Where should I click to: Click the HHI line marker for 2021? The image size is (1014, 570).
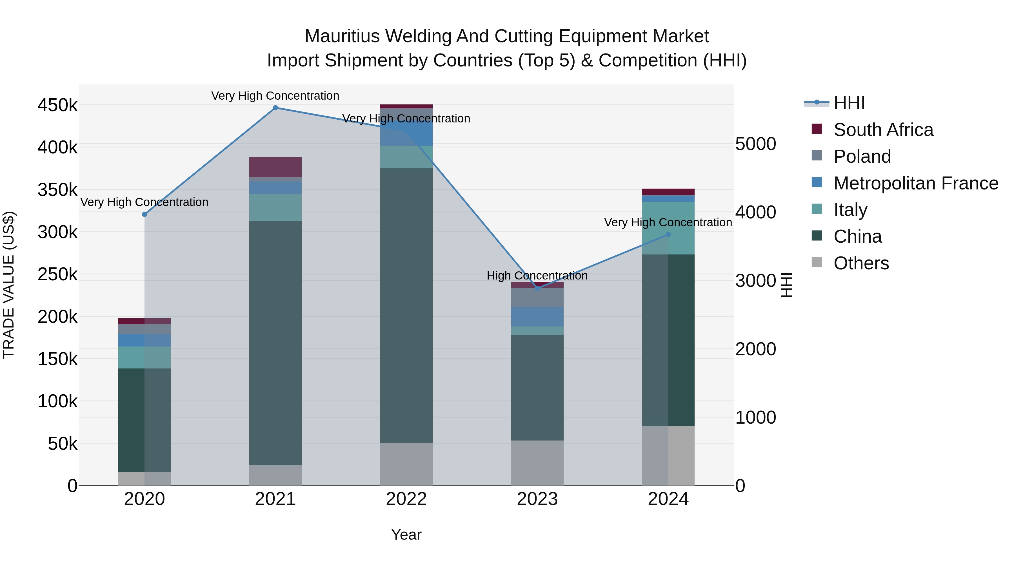[275, 108]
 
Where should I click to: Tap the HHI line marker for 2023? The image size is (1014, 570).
[537, 288]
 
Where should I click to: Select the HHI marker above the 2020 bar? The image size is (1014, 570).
[144, 214]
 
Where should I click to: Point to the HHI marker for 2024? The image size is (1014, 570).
[668, 234]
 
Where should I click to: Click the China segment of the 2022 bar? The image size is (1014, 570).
[406, 306]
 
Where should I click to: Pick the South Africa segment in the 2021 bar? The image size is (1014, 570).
[275, 167]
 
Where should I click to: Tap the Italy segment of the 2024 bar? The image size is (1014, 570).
[668, 228]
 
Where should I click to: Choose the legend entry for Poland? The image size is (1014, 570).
[862, 157]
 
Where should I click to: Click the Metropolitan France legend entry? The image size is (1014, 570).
[916, 183]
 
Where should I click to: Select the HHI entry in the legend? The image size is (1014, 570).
[849, 103]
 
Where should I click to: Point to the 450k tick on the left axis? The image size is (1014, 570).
[57, 106]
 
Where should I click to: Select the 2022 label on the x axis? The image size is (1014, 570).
[406, 499]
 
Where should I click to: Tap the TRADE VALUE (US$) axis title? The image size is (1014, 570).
[9, 285]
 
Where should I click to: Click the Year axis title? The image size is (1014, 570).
[406, 535]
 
